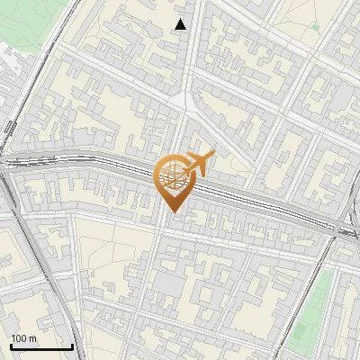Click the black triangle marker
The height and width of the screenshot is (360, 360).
coord(181,24)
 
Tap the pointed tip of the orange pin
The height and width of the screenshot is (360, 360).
coord(173,213)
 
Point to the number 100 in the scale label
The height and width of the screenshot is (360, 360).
coord(19,337)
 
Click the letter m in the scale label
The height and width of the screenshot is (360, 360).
coord(33,337)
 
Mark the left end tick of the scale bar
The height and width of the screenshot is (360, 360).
coord(10,346)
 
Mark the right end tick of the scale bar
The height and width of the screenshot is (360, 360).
coord(73,346)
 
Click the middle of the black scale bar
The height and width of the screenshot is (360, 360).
coord(41,346)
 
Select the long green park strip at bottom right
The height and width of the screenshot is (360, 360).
coord(310,310)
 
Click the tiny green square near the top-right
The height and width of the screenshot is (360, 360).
coord(314,27)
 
